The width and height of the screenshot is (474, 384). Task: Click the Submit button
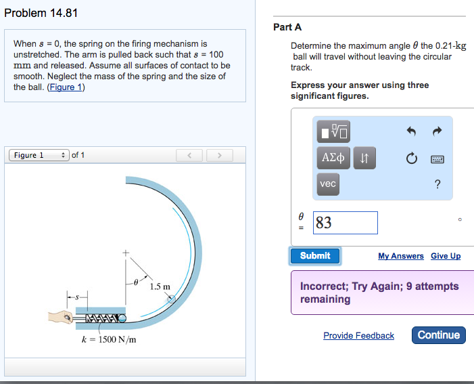(315, 256)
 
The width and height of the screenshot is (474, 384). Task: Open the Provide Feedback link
(358, 336)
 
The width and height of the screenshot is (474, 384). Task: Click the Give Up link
(446, 256)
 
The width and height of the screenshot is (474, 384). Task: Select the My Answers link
(401, 256)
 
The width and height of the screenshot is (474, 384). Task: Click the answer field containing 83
(346, 223)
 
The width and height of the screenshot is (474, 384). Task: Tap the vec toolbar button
(328, 184)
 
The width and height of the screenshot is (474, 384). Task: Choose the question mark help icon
(437, 184)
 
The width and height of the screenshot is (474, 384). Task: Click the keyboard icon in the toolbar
(437, 158)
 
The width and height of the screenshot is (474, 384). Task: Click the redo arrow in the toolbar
(437, 131)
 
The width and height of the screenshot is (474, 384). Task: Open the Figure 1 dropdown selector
(39, 156)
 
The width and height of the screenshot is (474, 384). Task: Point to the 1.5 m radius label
(160, 286)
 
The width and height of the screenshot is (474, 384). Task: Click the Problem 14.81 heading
(39, 14)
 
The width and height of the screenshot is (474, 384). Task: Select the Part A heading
(287, 27)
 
